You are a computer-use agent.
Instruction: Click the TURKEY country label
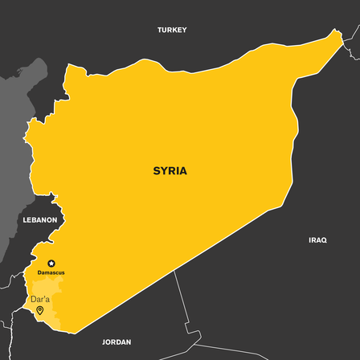(171, 30)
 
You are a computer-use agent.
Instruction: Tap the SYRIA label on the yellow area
(170, 171)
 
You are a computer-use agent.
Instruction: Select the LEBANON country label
(39, 219)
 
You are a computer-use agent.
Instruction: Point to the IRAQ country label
(317, 239)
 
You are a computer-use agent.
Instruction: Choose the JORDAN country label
(117, 342)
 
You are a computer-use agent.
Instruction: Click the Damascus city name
(51, 273)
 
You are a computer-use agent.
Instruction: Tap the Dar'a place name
(39, 299)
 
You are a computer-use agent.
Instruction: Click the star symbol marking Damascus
(52, 264)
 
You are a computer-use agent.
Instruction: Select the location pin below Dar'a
(39, 310)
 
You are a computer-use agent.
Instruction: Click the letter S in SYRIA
(157, 171)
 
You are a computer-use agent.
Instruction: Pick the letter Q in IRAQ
(324, 239)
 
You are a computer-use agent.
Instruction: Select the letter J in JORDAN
(104, 342)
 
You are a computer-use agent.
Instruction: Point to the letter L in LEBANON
(25, 219)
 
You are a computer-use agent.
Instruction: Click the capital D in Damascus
(39, 273)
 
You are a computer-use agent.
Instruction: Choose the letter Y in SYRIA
(164, 171)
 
